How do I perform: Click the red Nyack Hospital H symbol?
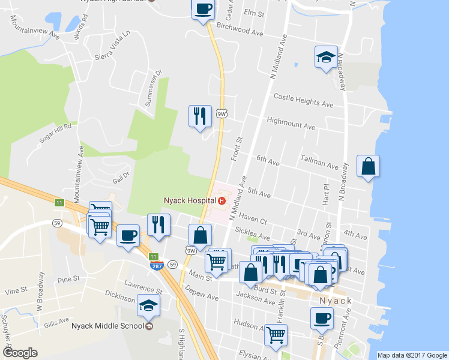point(222,199)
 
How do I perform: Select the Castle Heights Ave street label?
point(303,100)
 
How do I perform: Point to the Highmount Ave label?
point(291,124)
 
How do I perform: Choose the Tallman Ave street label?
point(319,163)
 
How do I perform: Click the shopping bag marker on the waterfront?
point(368,167)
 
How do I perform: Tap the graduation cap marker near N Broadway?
point(326,58)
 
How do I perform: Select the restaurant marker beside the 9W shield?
point(200,115)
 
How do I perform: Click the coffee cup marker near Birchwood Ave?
point(203,9)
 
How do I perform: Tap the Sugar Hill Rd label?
point(55,133)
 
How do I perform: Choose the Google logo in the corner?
point(20,352)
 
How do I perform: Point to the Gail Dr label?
point(121,178)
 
